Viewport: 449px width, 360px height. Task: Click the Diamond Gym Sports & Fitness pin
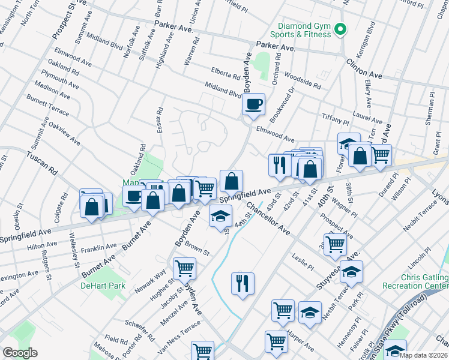[x=342, y=29]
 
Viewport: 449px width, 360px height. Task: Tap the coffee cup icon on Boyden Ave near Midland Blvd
[x=253, y=104]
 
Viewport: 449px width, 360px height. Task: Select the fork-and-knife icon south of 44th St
[x=243, y=283]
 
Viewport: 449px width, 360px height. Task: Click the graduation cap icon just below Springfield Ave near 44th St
[x=220, y=216]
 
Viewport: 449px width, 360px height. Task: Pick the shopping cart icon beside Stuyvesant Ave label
[x=334, y=244]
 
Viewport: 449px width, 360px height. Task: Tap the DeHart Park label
[x=103, y=286]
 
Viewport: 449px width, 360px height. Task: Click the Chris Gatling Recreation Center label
[x=415, y=282]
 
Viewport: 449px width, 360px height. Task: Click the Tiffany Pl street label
[x=336, y=117]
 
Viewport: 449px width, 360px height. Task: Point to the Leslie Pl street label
[x=303, y=261]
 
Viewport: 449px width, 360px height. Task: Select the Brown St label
[x=197, y=248]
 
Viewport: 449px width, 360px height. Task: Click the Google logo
[x=20, y=353]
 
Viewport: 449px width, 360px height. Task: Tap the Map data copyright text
[x=423, y=355]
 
